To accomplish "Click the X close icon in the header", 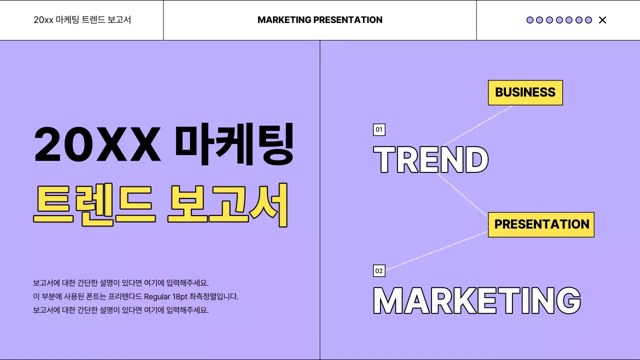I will tap(602, 20).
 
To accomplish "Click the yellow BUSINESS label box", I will tap(525, 92).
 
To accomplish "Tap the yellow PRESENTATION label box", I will tap(541, 224).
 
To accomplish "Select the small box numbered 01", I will tap(379, 130).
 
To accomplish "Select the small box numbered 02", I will tap(379, 271).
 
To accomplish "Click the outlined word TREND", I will tap(430, 160).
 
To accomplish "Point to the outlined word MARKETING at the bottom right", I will tap(477, 300).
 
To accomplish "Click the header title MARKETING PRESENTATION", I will tap(320, 20).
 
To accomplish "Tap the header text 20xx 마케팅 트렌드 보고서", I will tap(82, 20).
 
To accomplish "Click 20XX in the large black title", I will tap(97, 144).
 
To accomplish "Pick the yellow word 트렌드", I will tap(94, 205).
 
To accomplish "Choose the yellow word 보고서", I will tap(228, 205).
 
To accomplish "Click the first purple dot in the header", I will tap(530, 20).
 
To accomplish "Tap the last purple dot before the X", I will tap(588, 20).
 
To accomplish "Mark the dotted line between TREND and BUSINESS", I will tap(477, 125).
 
